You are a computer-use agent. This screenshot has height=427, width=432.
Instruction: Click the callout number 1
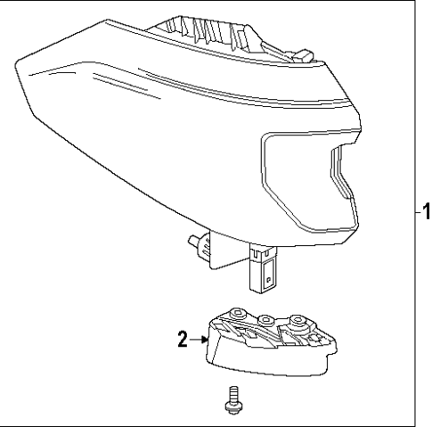425,213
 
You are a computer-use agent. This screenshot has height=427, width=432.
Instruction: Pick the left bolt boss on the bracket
236,313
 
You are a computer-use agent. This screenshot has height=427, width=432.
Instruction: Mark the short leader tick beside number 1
415,213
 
